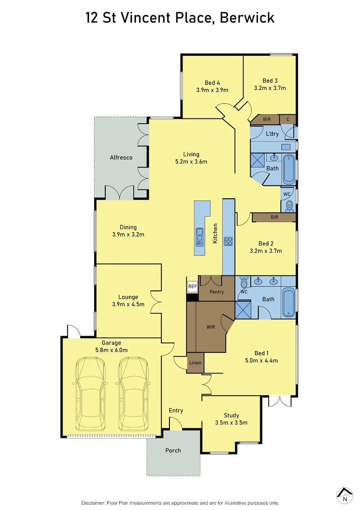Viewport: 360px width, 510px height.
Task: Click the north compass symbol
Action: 345,494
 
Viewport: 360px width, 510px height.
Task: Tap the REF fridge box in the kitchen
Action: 192,286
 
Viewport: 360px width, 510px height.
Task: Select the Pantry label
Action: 217,292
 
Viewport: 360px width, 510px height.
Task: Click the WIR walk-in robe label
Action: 210,326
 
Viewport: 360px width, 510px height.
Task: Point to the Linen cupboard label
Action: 195,363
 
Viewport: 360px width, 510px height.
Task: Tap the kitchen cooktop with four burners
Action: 229,241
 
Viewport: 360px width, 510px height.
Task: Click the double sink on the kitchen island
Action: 200,235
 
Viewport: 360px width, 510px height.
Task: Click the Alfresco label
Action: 121,157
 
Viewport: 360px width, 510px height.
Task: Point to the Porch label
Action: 173,450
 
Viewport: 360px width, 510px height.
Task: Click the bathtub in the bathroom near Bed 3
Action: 288,169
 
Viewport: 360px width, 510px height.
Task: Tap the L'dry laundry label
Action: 272,134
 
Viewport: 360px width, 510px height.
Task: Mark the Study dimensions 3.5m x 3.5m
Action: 231,423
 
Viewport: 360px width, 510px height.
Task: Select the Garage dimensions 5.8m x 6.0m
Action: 112,350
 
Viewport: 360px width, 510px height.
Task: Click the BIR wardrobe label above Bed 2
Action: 274,217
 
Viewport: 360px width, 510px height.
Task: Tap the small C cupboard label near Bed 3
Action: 287,119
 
